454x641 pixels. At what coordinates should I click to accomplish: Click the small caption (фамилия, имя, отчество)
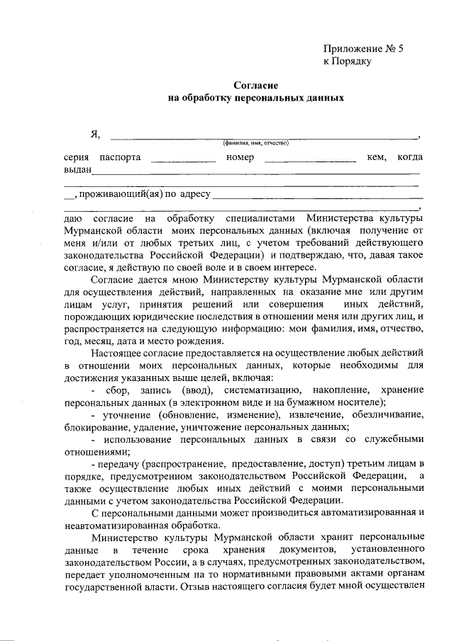(255, 144)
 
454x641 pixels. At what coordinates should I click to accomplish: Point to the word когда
(410, 157)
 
